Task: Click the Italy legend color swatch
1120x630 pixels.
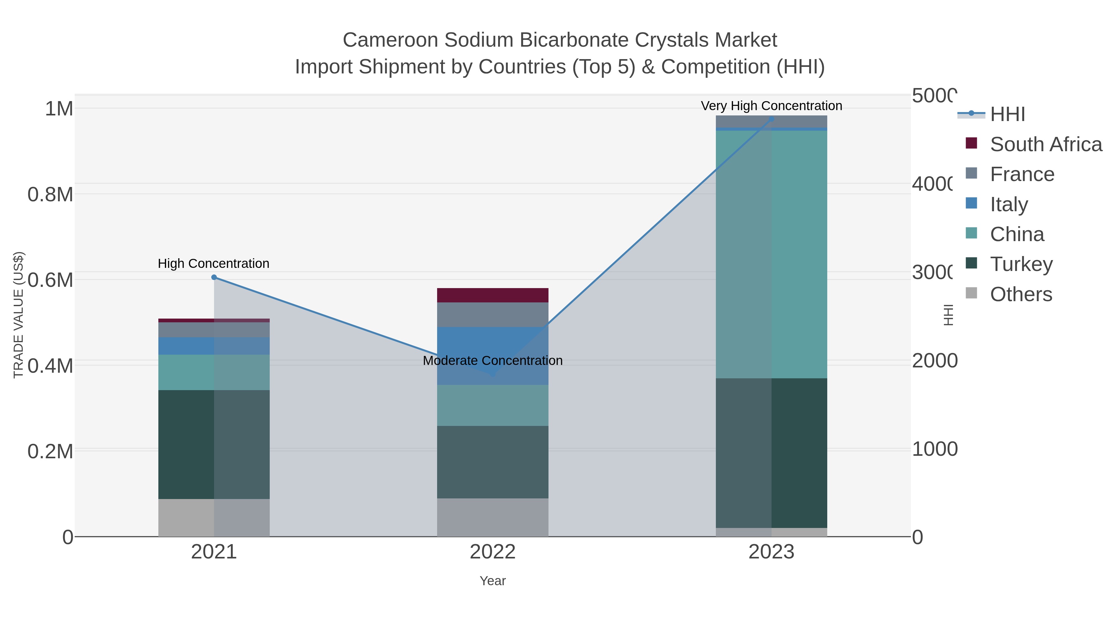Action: (971, 203)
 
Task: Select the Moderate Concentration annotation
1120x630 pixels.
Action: (492, 361)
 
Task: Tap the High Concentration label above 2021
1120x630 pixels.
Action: (213, 264)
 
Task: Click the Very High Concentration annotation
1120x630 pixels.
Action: (771, 106)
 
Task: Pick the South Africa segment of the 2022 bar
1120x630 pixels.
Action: (492, 295)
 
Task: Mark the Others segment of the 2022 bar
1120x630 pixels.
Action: (492, 517)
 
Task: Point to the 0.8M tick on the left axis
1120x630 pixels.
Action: (50, 194)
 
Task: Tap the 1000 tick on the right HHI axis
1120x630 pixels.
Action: (934, 449)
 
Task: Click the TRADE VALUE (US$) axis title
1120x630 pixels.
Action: (18, 315)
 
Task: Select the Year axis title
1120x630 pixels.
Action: (492, 581)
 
